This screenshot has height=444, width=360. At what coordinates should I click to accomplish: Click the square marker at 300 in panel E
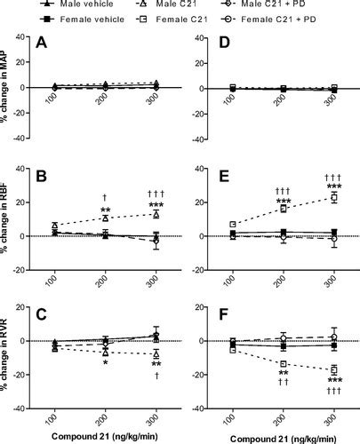pyautogui.click(x=334, y=197)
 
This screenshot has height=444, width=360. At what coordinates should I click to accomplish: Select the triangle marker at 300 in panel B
pyautogui.click(x=156, y=214)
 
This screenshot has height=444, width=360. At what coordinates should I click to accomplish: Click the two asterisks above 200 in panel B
pyautogui.click(x=105, y=211)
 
